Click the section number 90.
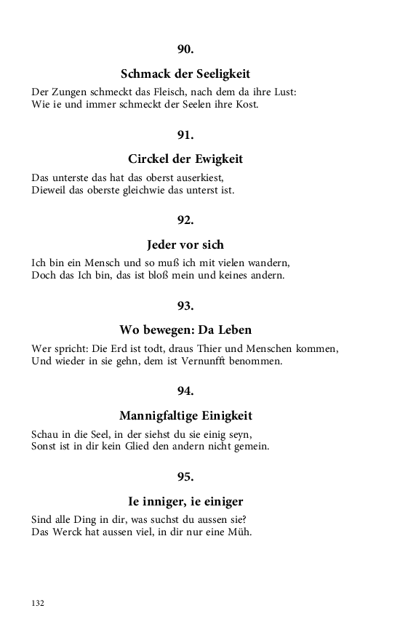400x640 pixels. (185, 49)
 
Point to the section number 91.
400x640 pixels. (185, 135)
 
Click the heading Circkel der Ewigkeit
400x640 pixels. (185, 159)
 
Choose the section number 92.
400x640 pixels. (185, 220)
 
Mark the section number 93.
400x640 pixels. (185, 305)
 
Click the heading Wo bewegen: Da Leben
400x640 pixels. (185, 330)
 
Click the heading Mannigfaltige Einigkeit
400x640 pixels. (185, 415)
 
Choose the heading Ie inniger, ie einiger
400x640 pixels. (185, 501)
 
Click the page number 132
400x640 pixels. (39, 603)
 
